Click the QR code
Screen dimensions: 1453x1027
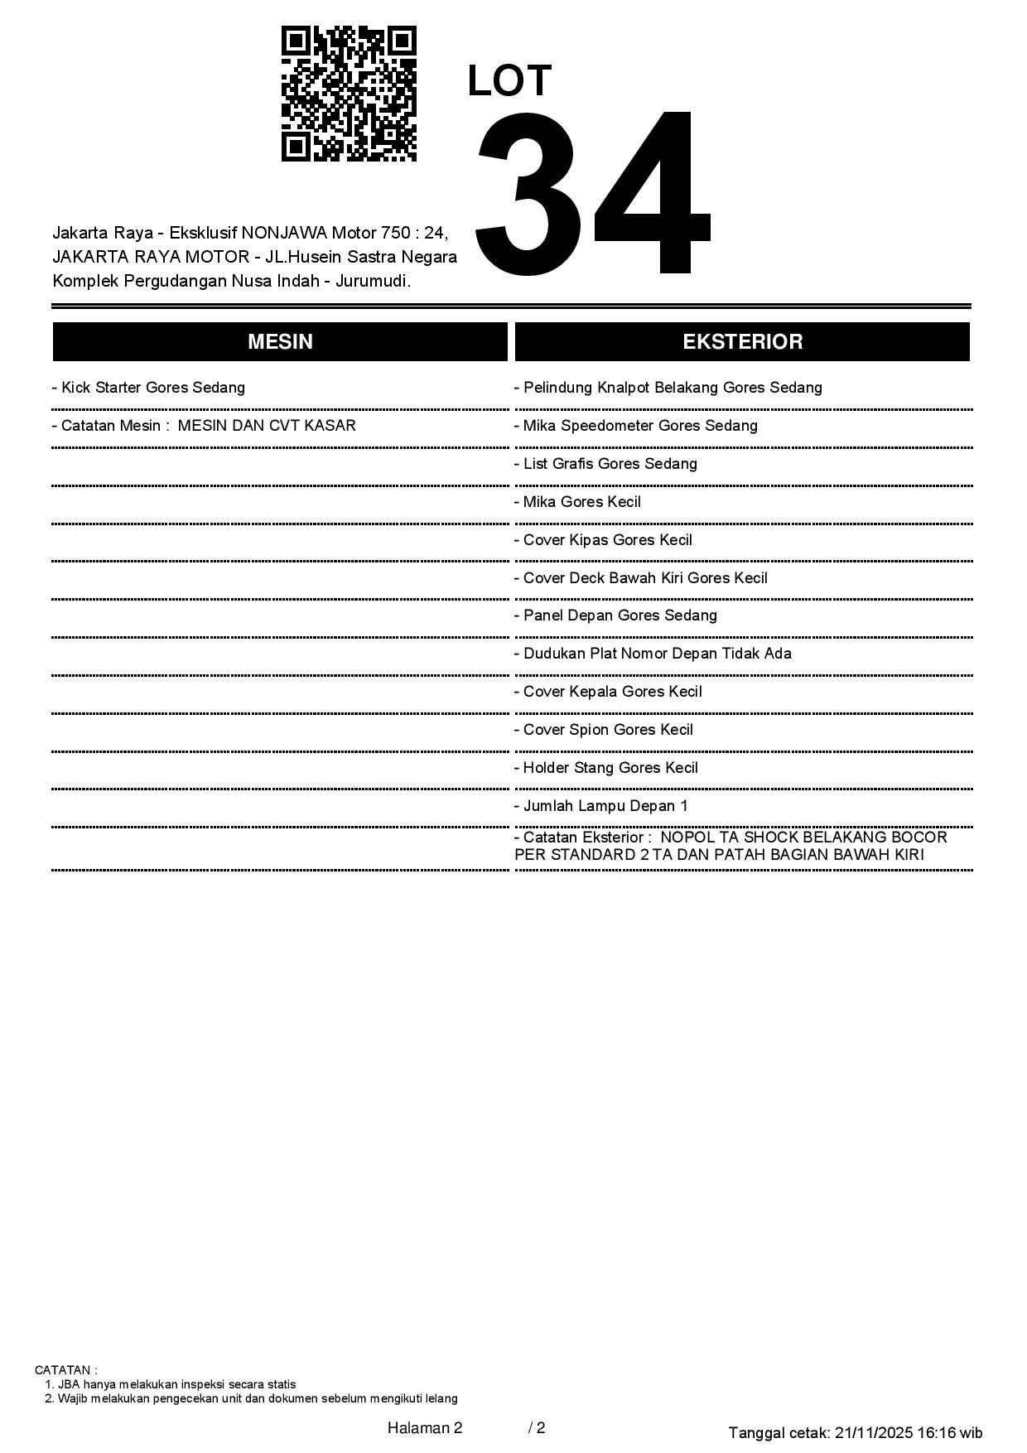pos(349,94)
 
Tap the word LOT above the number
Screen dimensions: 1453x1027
pos(509,81)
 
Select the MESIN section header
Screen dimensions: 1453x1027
pos(280,342)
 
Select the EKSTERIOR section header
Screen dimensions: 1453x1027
pos(742,342)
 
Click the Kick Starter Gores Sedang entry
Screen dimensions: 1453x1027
pos(148,388)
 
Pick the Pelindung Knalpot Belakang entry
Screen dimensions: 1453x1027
pos(668,388)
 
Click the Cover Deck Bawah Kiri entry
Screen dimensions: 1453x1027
pos(640,578)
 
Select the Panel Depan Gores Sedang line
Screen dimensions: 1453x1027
pos(615,615)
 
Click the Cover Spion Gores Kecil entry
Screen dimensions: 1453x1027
pos(603,730)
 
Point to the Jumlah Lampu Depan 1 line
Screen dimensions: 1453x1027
pos(600,806)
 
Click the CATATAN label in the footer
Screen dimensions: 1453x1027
pos(65,1370)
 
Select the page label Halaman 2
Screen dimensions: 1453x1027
pos(425,1428)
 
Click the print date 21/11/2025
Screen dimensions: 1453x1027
pos(873,1433)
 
